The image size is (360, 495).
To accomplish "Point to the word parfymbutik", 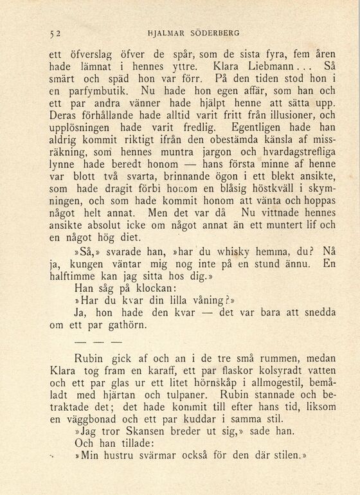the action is point(91,93).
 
